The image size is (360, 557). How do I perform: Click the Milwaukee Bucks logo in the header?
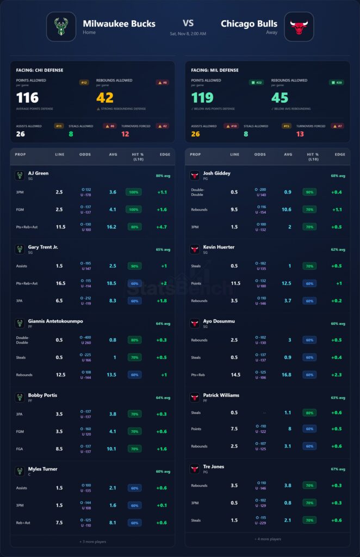[61, 27]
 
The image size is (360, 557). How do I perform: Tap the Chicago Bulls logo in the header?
[299, 27]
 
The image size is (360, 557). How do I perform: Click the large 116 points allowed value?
[27, 97]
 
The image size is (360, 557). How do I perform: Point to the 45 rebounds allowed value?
[280, 97]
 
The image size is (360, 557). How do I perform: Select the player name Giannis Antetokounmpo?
[55, 321]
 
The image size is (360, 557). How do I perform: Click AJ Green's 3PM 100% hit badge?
[133, 192]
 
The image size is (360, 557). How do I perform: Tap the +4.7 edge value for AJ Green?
[162, 227]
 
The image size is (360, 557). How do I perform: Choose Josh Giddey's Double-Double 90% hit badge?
[309, 192]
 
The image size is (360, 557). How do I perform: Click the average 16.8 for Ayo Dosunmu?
[287, 375]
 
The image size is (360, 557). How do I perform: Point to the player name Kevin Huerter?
[219, 247]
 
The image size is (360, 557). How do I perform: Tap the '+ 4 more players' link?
[268, 539]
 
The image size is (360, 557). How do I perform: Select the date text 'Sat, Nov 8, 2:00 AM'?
[188, 34]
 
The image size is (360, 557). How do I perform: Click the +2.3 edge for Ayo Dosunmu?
[337, 375]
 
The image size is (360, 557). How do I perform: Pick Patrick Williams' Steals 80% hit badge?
[309, 412]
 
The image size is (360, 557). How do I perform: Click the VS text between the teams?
[188, 23]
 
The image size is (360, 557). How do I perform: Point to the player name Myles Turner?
[43, 469]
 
